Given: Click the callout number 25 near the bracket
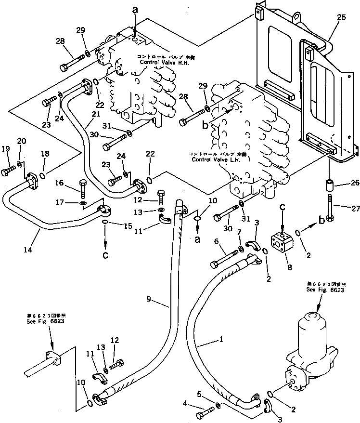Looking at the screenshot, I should [341, 18].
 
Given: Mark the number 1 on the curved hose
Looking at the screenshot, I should [220, 340].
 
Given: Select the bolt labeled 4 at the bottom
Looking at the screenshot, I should [206, 412].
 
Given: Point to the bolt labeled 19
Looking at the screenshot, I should [10, 170].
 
